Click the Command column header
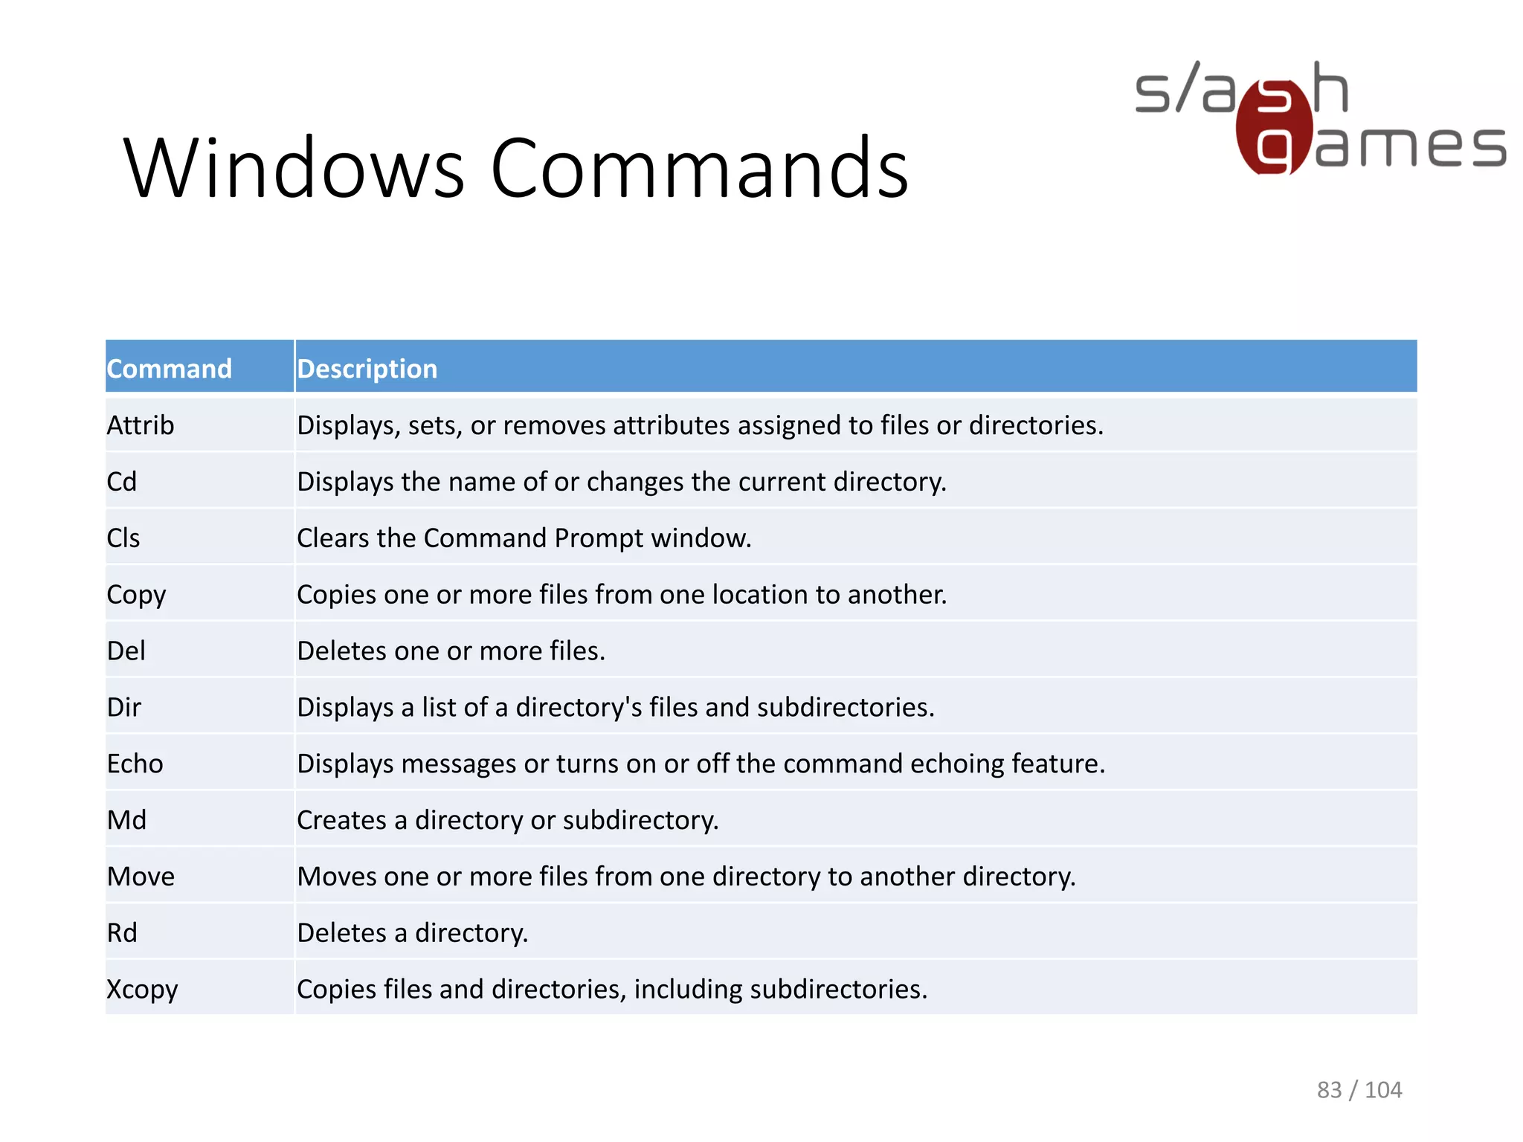tap(170, 369)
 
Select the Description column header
tap(367, 369)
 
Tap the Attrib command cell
tap(141, 425)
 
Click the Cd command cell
tap(122, 482)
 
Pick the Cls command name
tap(123, 538)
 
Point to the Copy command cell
tap(136, 595)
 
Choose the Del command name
tap(126, 651)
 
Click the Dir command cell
tap(124, 707)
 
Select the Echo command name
tap(135, 764)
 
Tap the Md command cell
tap(127, 820)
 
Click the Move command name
tap(141, 877)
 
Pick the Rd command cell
tap(122, 933)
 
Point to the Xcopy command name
tap(142, 990)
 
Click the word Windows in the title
tap(294, 169)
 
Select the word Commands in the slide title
tap(699, 169)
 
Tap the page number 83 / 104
tap(1359, 1090)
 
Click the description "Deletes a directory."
tap(413, 933)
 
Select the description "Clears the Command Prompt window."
tap(524, 538)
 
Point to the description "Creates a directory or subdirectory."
tap(508, 820)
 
